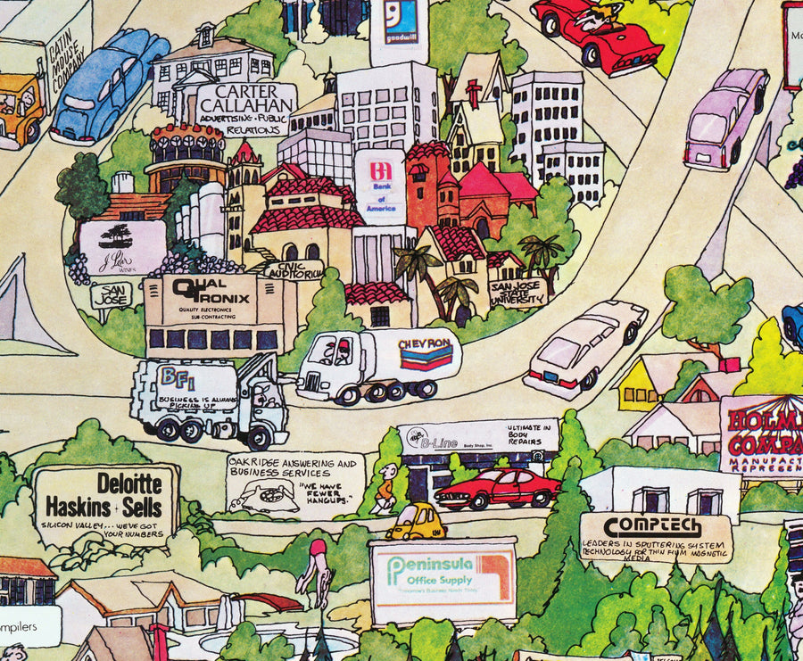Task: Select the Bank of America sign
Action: click(x=380, y=186)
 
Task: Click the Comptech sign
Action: click(x=656, y=536)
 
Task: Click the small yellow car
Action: click(x=416, y=522)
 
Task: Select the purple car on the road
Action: click(x=724, y=116)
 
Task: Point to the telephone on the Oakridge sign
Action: click(x=263, y=497)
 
